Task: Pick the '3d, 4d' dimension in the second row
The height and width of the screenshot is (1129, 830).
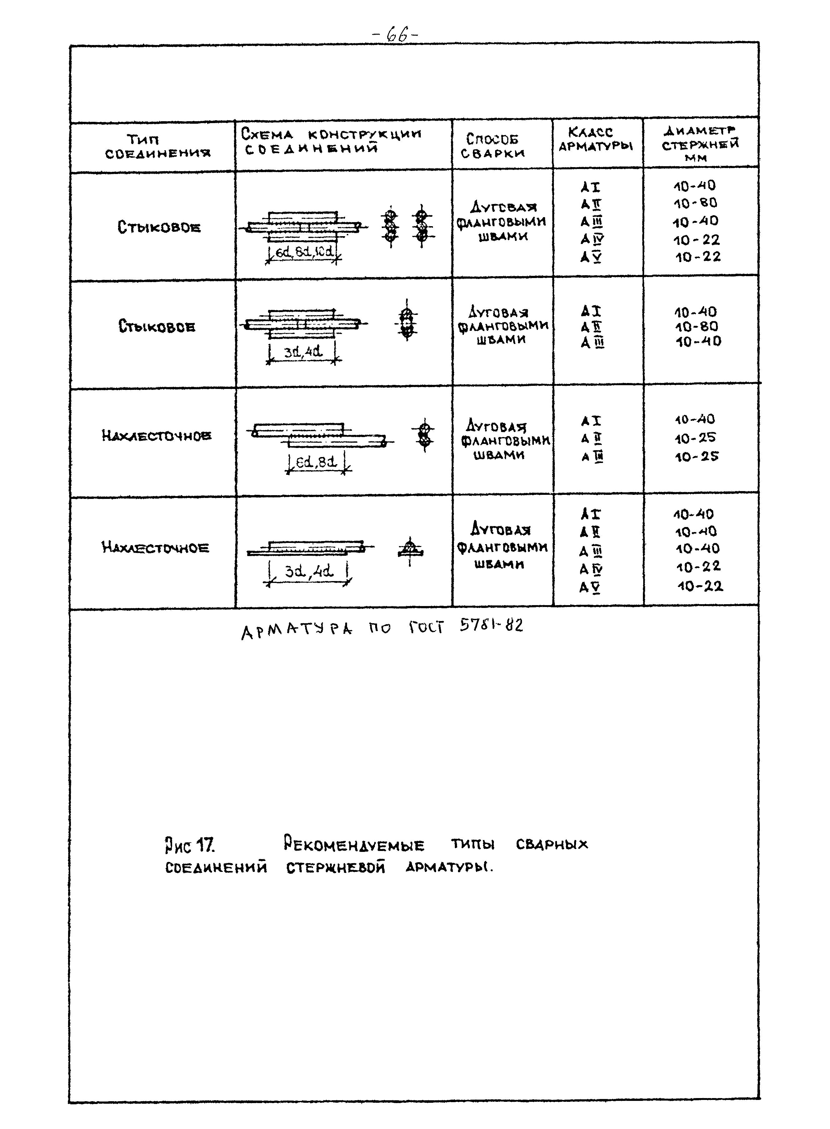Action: click(303, 352)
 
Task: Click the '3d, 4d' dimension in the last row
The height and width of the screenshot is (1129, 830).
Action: click(309, 571)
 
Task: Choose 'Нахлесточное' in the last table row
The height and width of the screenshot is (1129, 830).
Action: click(155, 547)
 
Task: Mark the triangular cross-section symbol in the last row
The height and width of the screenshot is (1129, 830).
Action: click(410, 548)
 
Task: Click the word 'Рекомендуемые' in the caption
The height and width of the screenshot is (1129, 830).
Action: click(354, 844)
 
